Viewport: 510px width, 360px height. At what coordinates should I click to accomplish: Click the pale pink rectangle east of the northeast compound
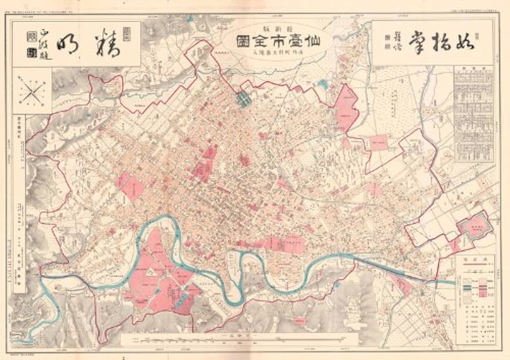pos(378,142)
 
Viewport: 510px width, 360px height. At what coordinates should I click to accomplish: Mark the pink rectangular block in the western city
pos(131,186)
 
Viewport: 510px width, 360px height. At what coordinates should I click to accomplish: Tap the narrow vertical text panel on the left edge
pos(19,204)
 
